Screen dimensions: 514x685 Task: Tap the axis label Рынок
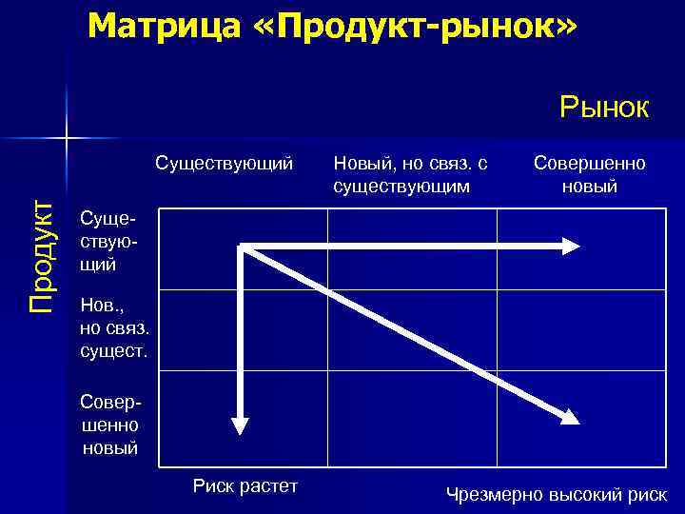[604, 107]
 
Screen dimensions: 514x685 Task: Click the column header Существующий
[224, 163]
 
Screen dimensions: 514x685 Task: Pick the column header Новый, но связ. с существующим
[410, 174]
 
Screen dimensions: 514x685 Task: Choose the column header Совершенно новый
[589, 174]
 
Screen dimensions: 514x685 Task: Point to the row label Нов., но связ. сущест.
[114, 329]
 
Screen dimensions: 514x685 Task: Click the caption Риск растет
[245, 486]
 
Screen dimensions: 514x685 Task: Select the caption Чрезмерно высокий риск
[557, 494]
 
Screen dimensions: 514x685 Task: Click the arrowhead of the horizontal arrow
[570, 246]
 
